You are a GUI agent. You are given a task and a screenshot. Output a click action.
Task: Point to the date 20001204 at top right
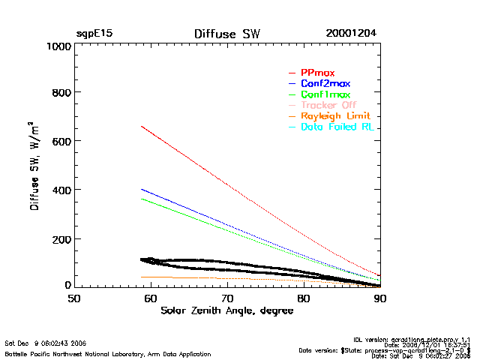pyautogui.click(x=351, y=34)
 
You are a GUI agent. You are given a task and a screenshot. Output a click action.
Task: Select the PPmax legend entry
pyautogui.click(x=317, y=73)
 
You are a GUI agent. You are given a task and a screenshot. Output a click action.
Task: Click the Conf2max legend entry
pyautogui.click(x=325, y=84)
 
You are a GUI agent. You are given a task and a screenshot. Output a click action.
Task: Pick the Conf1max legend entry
pyautogui.click(x=325, y=95)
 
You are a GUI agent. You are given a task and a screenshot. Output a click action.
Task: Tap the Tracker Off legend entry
pyautogui.click(x=328, y=106)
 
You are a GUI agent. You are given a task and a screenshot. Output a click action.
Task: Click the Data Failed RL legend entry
pyautogui.click(x=337, y=127)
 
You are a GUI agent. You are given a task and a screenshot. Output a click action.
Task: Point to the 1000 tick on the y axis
pyautogui.click(x=57, y=46)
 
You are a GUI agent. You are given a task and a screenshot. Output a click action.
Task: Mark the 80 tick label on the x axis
pyautogui.click(x=304, y=298)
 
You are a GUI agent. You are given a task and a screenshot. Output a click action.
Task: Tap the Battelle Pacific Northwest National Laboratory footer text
pyautogui.click(x=107, y=353)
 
